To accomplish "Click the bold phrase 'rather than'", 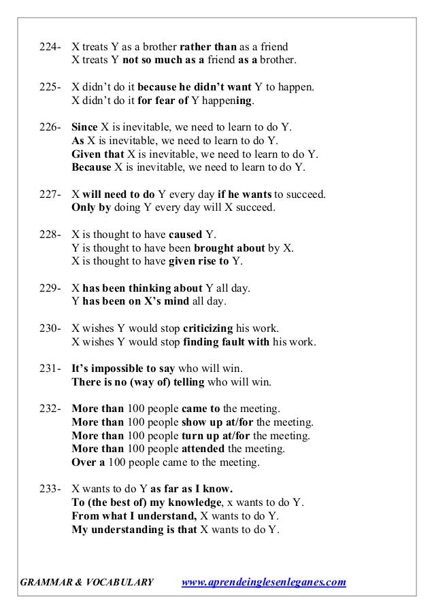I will [208, 48].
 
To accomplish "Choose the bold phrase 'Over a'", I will [90, 462].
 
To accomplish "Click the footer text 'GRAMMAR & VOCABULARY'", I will [87, 583].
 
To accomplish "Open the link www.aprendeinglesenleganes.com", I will [265, 583].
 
